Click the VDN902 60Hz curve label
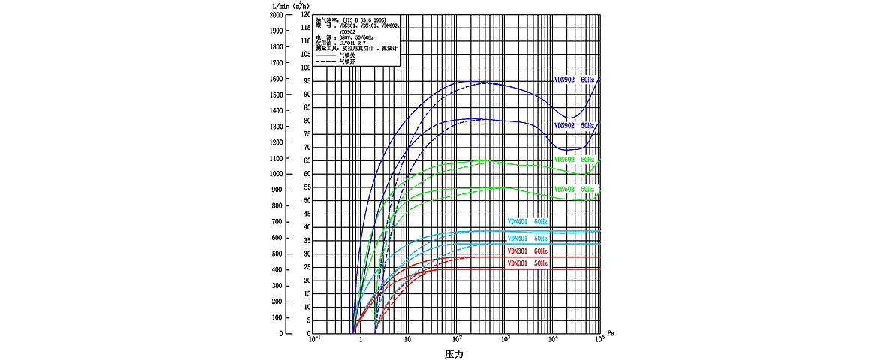coord(574,79)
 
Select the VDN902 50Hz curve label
coord(574,126)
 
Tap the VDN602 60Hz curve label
coord(574,160)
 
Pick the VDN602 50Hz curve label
coord(574,189)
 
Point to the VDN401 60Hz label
coord(527,222)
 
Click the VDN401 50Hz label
coord(527,238)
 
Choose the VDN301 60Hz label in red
coord(527,250)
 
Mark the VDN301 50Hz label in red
coord(527,263)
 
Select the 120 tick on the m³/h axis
coord(305,15)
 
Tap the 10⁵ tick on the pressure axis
coord(599,340)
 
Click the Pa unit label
coord(610,331)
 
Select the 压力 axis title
coord(454,352)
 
